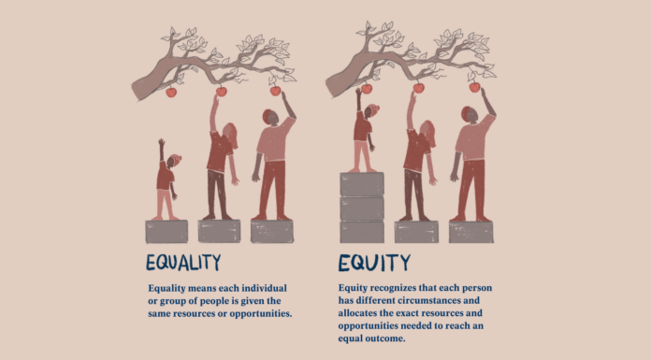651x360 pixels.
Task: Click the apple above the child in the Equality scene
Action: pyautogui.click(x=171, y=92)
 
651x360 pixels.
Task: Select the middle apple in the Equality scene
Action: pyautogui.click(x=222, y=92)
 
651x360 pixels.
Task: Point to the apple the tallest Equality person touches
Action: pyautogui.click(x=275, y=91)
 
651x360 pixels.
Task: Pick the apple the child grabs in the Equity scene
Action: pyautogui.click(x=367, y=89)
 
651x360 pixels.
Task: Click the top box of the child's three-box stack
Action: pyautogui.click(x=362, y=183)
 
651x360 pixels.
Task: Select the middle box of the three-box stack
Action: pyautogui.click(x=362, y=208)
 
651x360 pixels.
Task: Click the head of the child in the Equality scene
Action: pyautogui.click(x=174, y=162)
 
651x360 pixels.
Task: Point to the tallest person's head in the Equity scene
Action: pyautogui.click(x=467, y=115)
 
